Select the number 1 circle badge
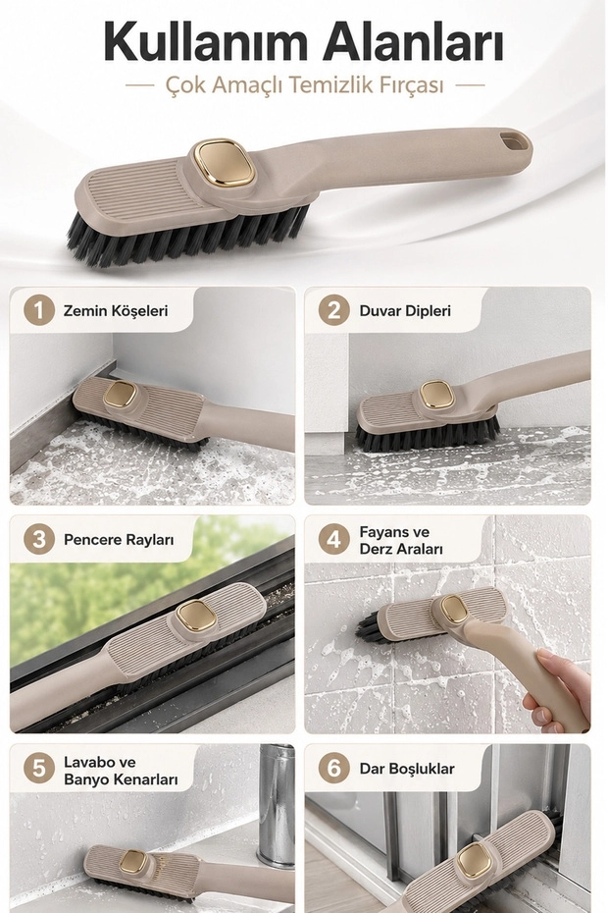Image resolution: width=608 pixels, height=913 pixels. tap(39, 310)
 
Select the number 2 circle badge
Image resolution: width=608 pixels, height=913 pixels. tap(334, 310)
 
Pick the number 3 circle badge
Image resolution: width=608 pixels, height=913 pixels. tap(39, 539)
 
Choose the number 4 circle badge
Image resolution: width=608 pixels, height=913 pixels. tap(334, 539)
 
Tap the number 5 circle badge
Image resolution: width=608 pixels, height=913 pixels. tap(39, 768)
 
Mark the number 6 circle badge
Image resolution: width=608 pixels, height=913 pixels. tap(334, 768)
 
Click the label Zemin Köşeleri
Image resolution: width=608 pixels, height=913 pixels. tap(116, 310)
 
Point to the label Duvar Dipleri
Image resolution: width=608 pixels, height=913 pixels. tap(405, 311)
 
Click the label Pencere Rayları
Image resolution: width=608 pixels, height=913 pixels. tap(119, 540)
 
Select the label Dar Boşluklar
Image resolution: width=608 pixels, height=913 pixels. tap(407, 769)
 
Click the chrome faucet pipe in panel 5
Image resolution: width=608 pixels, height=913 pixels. tap(277, 803)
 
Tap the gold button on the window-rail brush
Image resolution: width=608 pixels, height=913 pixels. tap(196, 618)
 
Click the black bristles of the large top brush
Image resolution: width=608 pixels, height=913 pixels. tap(186, 239)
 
